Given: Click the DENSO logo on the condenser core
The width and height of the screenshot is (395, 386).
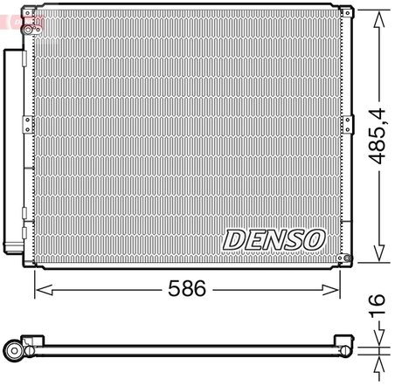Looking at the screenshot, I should (274, 238).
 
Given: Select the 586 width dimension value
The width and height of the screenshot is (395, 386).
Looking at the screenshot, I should (186, 289).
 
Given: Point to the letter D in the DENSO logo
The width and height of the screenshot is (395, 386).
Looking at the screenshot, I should (235, 238).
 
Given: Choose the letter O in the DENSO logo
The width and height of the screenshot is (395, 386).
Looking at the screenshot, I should (314, 238).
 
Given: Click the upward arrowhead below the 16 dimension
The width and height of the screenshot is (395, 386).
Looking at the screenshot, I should (379, 359).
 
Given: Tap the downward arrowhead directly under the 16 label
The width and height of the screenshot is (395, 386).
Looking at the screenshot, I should (379, 339).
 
